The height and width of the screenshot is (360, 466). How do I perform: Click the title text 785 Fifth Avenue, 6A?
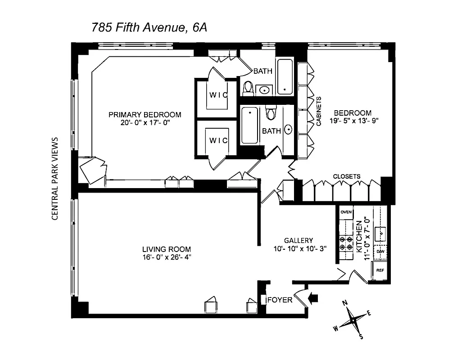[x=149, y=27]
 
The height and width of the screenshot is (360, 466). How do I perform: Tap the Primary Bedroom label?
[x=145, y=114]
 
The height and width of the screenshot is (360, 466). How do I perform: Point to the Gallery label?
[x=298, y=240]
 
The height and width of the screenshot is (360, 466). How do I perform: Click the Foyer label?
[x=280, y=300]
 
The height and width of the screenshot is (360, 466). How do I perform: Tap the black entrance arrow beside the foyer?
[x=314, y=297]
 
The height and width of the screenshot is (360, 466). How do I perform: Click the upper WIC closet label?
[x=219, y=95]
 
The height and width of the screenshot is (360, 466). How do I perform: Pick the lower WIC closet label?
[x=219, y=140]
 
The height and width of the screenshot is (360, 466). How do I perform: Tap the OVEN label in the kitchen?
[x=346, y=212]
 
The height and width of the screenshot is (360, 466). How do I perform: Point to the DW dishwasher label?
[x=380, y=252]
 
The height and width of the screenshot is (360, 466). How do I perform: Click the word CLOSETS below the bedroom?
[x=346, y=176]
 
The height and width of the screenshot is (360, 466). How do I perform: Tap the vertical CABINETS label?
[x=318, y=111]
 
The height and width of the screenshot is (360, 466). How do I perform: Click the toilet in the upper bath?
[x=248, y=89]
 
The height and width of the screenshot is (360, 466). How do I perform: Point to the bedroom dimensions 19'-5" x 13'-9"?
[x=353, y=121]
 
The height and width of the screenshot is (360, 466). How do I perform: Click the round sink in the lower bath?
[x=288, y=130]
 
